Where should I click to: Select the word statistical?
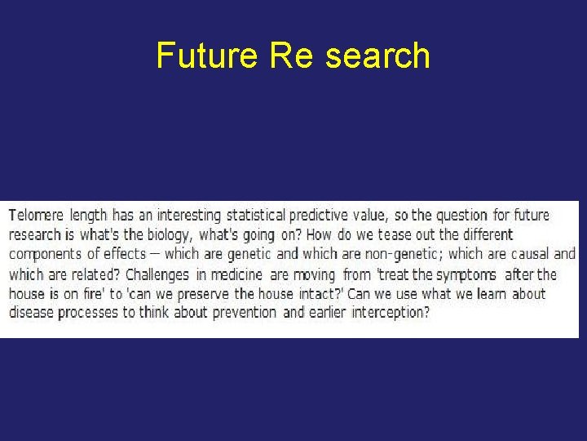pyautogui.click(x=255, y=216)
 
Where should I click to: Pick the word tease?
pyautogui.click(x=395, y=235)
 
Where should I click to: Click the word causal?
pyautogui.click(x=531, y=254)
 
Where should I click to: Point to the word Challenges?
pyautogui.click(x=157, y=274)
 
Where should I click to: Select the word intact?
pyautogui.click(x=303, y=293)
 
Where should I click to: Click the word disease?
pyautogui.click(x=32, y=313)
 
